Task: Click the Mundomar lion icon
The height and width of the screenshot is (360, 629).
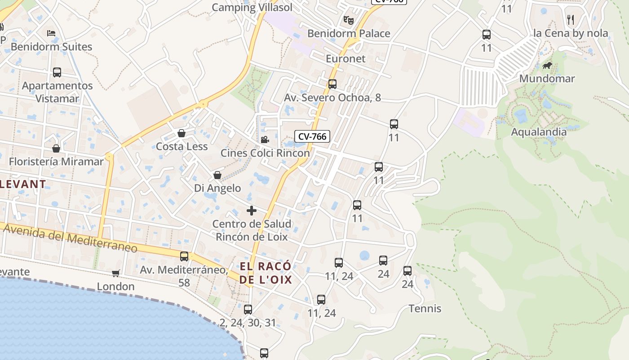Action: coord(547,66)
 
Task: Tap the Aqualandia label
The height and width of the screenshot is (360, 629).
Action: coord(545,132)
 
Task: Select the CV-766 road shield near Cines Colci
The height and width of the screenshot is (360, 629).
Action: coord(312,136)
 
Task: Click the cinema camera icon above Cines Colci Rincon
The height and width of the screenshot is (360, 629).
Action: coord(265,139)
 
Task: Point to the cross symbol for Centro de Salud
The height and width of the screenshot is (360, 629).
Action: coord(252,211)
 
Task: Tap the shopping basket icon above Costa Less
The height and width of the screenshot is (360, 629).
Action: coord(182,133)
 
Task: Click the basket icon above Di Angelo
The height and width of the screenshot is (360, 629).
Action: coord(217,175)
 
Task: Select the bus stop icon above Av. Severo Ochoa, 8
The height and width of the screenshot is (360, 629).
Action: coord(332,84)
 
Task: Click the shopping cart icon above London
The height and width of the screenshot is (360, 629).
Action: coord(116,273)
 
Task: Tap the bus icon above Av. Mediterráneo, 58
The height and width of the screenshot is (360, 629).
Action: coord(184,256)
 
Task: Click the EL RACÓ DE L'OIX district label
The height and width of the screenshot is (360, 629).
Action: coord(266,273)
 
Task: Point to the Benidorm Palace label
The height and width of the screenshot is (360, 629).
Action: coord(349,33)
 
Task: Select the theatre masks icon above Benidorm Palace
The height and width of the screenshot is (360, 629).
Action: coord(348,20)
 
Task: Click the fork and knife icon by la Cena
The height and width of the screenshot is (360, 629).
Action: coord(571,19)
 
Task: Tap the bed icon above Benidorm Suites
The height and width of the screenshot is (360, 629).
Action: coord(52,33)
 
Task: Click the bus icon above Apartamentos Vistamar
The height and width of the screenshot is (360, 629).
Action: coord(57,72)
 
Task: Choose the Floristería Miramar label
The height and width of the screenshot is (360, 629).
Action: coord(56,161)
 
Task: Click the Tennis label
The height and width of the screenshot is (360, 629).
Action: coord(425,309)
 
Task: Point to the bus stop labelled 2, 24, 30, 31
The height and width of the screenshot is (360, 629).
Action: coord(248,310)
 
